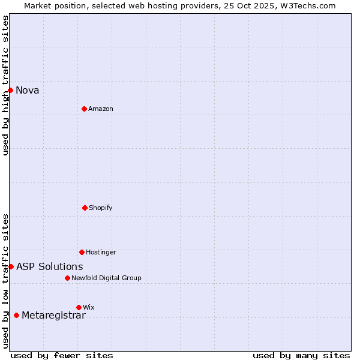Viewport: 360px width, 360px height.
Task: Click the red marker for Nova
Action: [x=11, y=90]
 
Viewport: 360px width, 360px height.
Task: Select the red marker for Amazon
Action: [x=84, y=109]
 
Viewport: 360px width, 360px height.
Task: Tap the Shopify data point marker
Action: [x=85, y=208]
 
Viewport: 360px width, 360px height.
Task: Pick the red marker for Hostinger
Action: [x=82, y=252]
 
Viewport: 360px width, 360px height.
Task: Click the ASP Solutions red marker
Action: [x=11, y=266]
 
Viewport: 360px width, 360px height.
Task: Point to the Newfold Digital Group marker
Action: [x=67, y=278]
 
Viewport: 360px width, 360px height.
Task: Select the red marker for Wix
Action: [x=79, y=307]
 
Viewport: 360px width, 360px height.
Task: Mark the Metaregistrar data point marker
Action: [x=16, y=315]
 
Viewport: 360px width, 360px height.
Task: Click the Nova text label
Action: [x=28, y=91]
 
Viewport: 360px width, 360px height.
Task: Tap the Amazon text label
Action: [x=101, y=109]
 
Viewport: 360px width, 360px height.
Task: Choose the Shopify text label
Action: [x=101, y=208]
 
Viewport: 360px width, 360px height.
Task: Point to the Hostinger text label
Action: [x=101, y=253]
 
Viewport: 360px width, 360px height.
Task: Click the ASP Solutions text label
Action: [x=50, y=267]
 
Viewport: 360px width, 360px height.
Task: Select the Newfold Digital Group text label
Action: [x=106, y=278]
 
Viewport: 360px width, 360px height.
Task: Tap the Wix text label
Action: [x=89, y=308]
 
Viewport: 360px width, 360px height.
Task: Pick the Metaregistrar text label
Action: [x=53, y=316]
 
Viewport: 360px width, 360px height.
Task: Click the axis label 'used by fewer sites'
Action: [x=62, y=356]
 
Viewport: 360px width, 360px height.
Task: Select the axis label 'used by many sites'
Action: [x=301, y=356]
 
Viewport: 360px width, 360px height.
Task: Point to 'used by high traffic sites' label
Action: [x=5, y=85]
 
